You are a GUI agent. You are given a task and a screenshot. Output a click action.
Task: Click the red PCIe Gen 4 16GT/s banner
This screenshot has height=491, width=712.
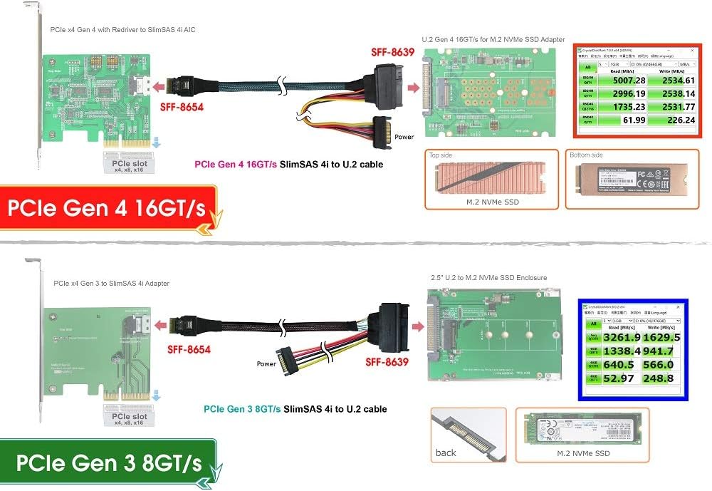(x=107, y=208)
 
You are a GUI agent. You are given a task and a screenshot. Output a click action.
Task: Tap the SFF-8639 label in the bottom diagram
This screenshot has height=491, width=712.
(x=387, y=362)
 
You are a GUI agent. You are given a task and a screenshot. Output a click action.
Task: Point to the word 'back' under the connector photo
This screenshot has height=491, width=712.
(x=446, y=453)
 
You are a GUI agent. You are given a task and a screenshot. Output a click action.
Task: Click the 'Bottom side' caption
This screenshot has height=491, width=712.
(x=586, y=155)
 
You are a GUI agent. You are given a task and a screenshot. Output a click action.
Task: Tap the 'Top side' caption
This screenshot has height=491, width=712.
(x=441, y=155)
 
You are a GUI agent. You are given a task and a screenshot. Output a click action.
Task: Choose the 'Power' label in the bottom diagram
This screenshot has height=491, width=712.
(x=266, y=363)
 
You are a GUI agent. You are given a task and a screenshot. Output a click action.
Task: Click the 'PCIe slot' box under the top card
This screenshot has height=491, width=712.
(x=130, y=164)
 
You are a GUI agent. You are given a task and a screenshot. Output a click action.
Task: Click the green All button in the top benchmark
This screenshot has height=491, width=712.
(x=589, y=67)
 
